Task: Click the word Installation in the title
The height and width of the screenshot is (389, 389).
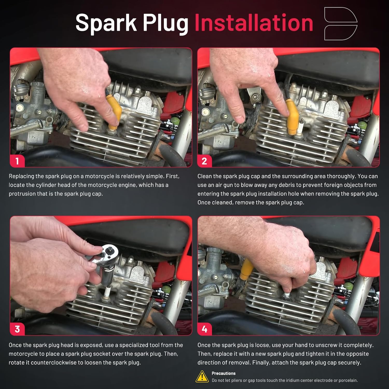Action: (254, 23)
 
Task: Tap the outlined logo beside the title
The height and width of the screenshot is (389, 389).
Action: (341, 24)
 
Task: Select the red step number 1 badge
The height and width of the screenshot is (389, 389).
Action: (17, 161)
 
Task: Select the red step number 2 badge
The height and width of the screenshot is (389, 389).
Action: (204, 161)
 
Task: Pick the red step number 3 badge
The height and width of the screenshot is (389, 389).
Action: (17, 329)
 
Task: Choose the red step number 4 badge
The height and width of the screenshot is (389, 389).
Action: (204, 329)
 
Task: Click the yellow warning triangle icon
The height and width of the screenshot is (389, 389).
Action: (202, 377)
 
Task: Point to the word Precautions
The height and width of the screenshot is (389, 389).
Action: (224, 373)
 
